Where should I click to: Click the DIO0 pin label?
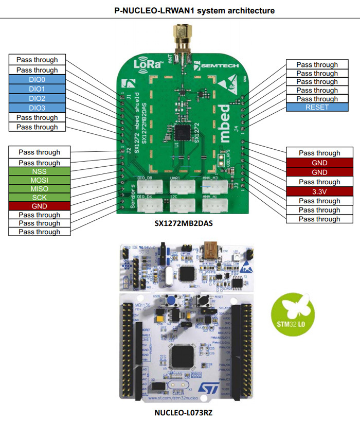38,80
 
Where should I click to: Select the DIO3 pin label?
38,108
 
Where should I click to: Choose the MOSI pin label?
40,180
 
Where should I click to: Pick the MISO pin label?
40,189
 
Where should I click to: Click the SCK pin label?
40,197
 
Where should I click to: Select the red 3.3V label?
319,191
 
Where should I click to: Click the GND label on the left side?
40,205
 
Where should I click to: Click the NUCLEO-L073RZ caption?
184,413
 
